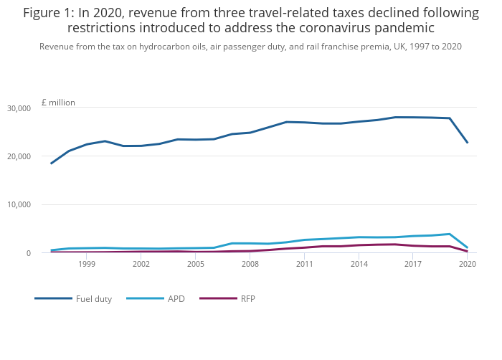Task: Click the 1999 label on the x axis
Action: point(87,265)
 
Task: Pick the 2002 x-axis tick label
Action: point(141,265)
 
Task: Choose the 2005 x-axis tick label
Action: point(196,265)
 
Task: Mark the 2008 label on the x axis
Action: point(250,265)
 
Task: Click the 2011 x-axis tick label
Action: point(304,265)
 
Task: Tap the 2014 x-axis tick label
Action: point(359,265)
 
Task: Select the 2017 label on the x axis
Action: point(413,265)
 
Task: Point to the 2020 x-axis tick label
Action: point(468,265)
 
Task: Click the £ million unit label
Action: point(58,103)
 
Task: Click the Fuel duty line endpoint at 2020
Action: point(468,142)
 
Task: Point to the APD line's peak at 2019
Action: point(450,234)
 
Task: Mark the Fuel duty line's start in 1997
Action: point(51,164)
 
